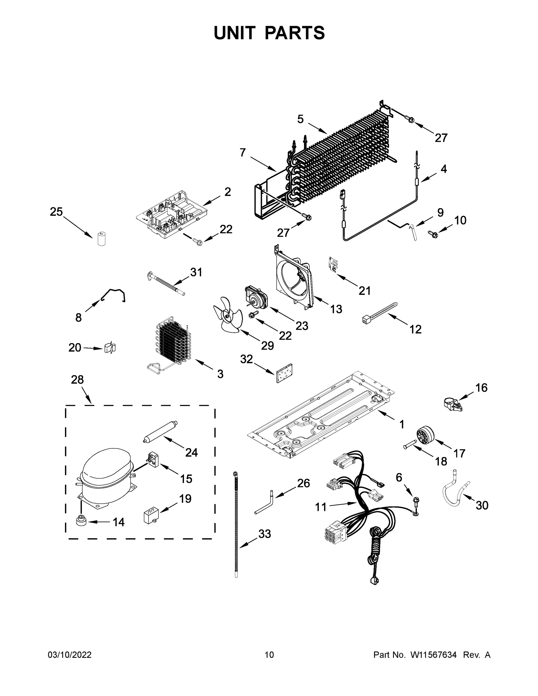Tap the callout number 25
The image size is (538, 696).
tap(57, 212)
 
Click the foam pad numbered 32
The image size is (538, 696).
tap(285, 373)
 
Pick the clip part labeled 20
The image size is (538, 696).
tap(110, 348)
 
